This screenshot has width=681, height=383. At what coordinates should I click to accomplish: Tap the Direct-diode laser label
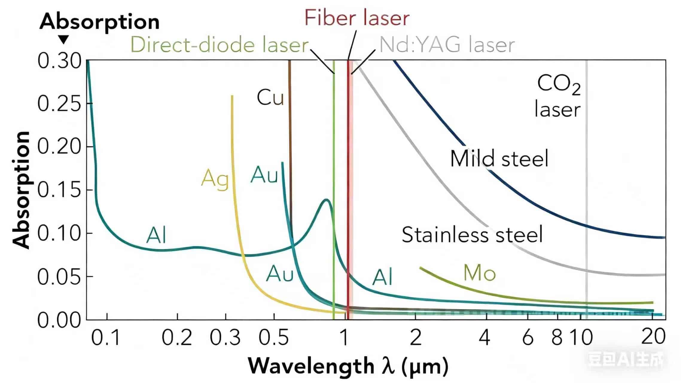click(x=220, y=45)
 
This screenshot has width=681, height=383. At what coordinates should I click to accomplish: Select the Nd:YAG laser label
click(x=447, y=45)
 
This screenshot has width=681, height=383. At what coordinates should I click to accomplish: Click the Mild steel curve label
click(x=499, y=158)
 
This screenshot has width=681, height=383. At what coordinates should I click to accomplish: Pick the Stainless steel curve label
click(x=472, y=234)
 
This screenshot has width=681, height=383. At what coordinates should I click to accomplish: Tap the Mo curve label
click(x=479, y=273)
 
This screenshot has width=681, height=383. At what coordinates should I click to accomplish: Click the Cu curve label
click(x=270, y=98)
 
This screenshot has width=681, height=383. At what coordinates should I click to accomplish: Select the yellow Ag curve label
click(x=215, y=179)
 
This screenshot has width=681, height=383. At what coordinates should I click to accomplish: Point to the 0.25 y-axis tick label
click(x=59, y=104)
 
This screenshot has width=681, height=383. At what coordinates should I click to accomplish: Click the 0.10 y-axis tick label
click(x=59, y=233)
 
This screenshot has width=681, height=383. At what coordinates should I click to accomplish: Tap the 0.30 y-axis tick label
click(x=59, y=61)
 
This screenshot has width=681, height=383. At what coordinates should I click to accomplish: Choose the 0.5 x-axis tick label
click(x=273, y=338)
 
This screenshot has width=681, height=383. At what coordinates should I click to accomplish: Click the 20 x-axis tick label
click(x=653, y=337)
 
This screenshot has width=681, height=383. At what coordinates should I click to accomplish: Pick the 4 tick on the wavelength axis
click(x=485, y=338)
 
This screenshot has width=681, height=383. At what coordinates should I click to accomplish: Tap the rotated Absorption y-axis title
click(x=21, y=190)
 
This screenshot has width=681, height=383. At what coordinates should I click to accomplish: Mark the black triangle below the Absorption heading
click(x=64, y=39)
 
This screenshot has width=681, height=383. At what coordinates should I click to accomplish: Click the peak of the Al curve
click(x=326, y=200)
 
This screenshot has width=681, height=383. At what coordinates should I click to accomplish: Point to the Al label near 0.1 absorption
click(x=156, y=235)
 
